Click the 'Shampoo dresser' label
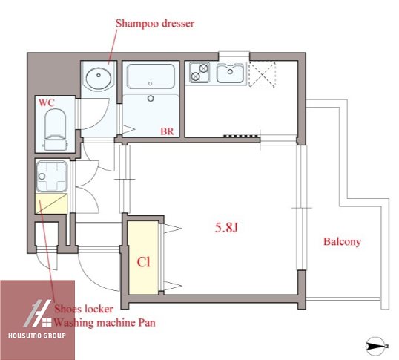(155, 24)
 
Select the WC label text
(47, 103)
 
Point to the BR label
(167, 131)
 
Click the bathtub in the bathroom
(151, 76)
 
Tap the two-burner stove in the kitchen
(199, 73)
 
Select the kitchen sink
(230, 73)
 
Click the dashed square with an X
(262, 74)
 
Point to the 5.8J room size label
(226, 227)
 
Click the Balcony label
(342, 241)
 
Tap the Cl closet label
(144, 262)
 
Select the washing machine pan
(52, 176)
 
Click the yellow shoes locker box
(51, 203)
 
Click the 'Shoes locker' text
(84, 309)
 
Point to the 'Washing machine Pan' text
(105, 323)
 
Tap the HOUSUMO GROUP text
(37, 336)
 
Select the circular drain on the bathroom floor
(151, 98)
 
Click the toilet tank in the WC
(56, 143)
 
